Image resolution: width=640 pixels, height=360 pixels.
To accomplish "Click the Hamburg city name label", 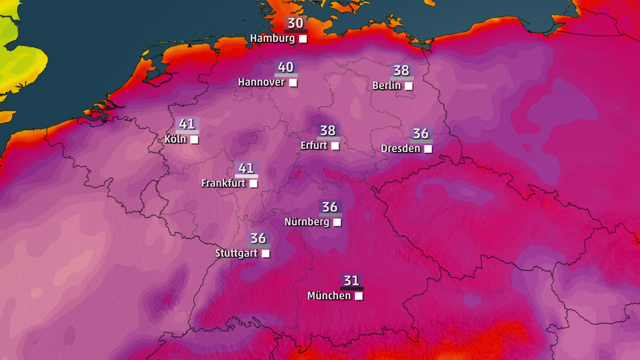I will tap(272, 38).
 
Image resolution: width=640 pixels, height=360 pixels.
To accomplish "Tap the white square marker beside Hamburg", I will tap(303, 39).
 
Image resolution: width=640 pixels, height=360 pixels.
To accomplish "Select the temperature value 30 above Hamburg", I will tap(296, 23).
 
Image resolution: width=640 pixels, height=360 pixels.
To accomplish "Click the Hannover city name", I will tap(261, 82).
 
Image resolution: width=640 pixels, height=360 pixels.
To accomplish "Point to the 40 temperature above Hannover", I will tap(286, 67).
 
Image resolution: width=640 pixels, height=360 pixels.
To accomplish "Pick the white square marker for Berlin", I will tap(409, 86).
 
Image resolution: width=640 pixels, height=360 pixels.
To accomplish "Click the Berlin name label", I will tap(386, 86).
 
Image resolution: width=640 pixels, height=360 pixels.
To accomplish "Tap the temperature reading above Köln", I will tap(187, 124).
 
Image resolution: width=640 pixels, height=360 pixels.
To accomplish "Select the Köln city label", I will tap(175, 139).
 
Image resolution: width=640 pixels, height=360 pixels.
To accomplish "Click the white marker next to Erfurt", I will tap(335, 146).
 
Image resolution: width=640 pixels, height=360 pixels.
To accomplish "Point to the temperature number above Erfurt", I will tap(328, 131).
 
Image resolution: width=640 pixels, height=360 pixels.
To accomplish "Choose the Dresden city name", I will tap(400, 148).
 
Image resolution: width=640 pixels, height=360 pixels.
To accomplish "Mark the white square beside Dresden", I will tap(428, 149).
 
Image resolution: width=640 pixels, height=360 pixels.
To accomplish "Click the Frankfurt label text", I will tap(223, 183).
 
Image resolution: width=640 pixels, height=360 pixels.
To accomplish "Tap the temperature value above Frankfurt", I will tap(246, 168).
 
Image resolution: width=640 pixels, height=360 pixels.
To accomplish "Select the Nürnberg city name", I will tap(307, 222).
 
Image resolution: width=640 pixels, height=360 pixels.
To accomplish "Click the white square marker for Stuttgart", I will tap(266, 254).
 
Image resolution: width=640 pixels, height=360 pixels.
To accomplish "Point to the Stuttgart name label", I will tap(236, 253).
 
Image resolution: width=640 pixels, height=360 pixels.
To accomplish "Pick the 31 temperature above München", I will tap(352, 281).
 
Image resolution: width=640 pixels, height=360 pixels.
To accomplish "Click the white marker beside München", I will tap(359, 296).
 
